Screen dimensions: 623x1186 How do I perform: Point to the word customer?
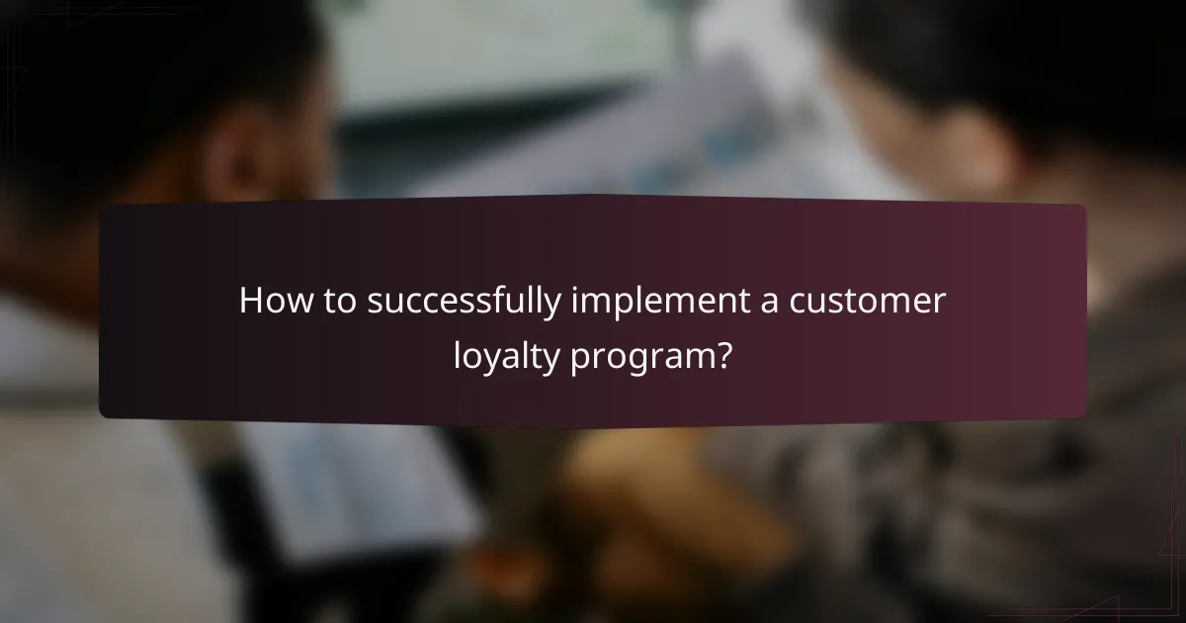[867, 303]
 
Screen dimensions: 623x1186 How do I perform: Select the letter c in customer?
[798, 304]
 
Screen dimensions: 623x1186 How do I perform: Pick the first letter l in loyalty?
[457, 352]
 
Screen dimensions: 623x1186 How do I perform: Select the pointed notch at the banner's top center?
[593, 198]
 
